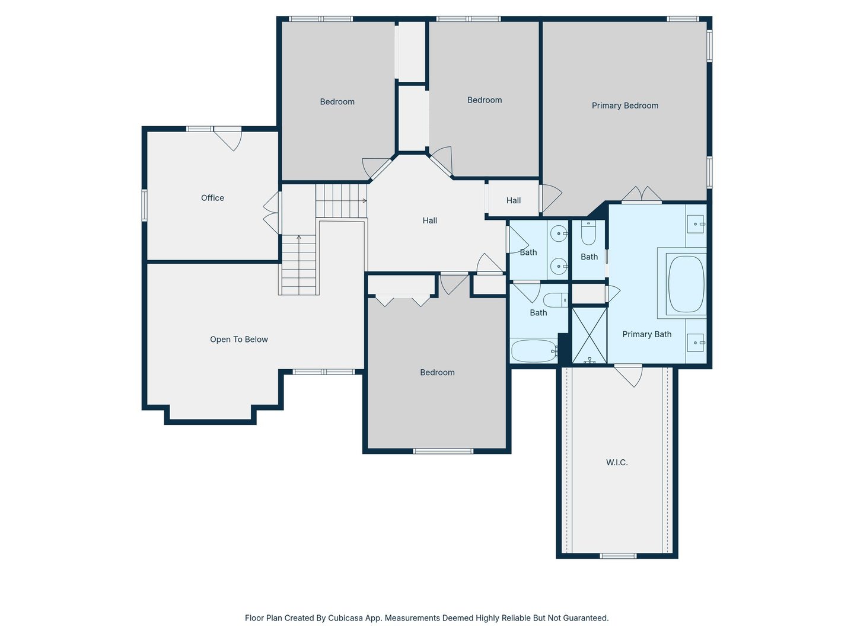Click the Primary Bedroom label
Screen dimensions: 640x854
click(x=624, y=105)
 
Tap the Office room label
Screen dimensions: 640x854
click(x=212, y=198)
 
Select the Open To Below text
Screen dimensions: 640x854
click(x=238, y=340)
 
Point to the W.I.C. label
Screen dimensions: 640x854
click(x=617, y=462)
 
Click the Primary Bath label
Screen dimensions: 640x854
click(x=646, y=334)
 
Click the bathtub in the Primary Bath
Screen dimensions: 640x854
click(x=686, y=284)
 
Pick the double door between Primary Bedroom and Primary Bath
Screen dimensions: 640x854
click(x=641, y=196)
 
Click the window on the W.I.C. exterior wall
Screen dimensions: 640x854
click(x=617, y=556)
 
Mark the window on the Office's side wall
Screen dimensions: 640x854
click(x=144, y=205)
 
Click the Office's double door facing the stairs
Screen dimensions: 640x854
click(x=272, y=212)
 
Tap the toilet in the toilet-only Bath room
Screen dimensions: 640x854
click(x=588, y=233)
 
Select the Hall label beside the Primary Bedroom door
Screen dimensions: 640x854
click(x=514, y=200)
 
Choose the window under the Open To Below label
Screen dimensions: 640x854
click(x=324, y=372)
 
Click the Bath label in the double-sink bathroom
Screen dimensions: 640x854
click(x=528, y=252)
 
